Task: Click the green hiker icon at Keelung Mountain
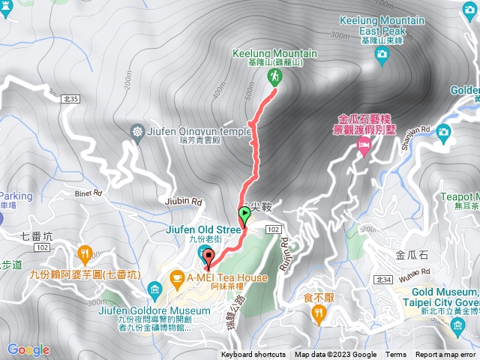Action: click(273, 76)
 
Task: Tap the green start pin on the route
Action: click(244, 216)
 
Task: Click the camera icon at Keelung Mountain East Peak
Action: click(382, 53)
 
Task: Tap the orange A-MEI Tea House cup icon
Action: click(177, 279)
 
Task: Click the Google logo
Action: click(28, 349)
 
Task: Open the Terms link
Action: click(396, 355)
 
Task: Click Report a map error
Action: click(446, 355)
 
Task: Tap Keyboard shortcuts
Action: click(253, 355)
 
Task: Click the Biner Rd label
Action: click(87, 192)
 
